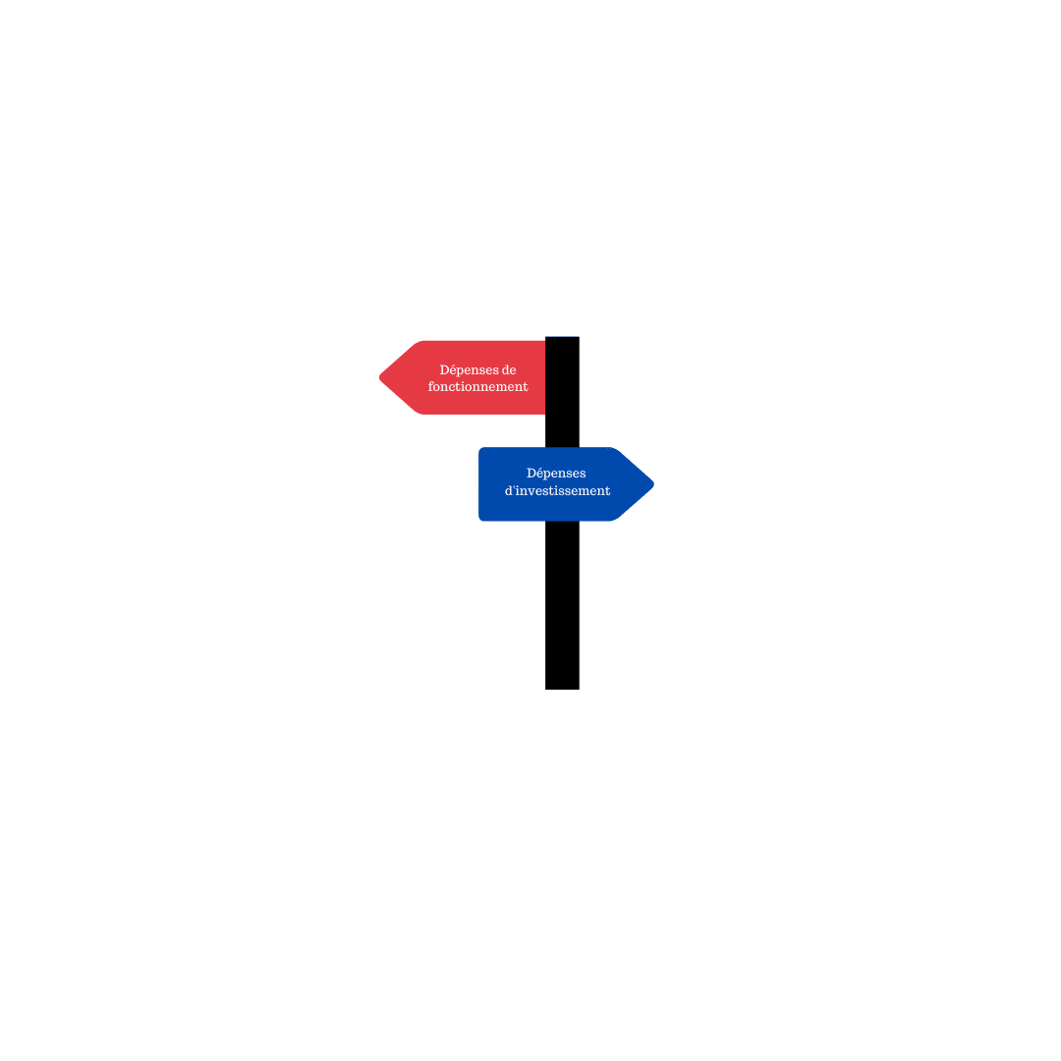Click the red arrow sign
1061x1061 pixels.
tap(463, 377)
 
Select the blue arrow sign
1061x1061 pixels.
tap(566, 483)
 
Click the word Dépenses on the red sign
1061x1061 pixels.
tap(469, 370)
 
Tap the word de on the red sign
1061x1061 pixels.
tap(509, 370)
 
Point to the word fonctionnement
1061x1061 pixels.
tap(477, 386)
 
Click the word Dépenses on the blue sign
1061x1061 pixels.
tap(556, 474)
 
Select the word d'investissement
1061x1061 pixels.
tap(558, 490)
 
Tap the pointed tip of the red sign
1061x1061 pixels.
tap(379, 377)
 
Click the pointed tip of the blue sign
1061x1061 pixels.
tap(653, 483)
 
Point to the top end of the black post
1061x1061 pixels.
tap(562, 337)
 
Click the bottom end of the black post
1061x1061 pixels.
tap(562, 689)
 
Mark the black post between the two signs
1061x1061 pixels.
tap(562, 430)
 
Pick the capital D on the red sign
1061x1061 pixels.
tap(445, 370)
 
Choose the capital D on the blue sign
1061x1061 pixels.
tap(531, 473)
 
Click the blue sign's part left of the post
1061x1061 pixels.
tap(512, 483)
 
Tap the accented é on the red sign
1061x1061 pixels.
tap(456, 369)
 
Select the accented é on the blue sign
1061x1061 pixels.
tap(542, 473)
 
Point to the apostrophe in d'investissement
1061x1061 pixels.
tap(514, 486)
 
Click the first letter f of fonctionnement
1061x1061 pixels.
tap(431, 386)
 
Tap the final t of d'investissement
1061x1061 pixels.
tap(608, 491)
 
